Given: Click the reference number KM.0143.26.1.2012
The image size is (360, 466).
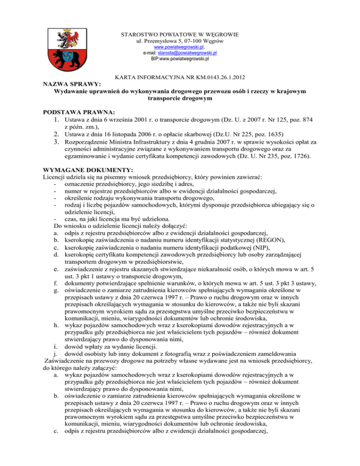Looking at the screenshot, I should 222,75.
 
